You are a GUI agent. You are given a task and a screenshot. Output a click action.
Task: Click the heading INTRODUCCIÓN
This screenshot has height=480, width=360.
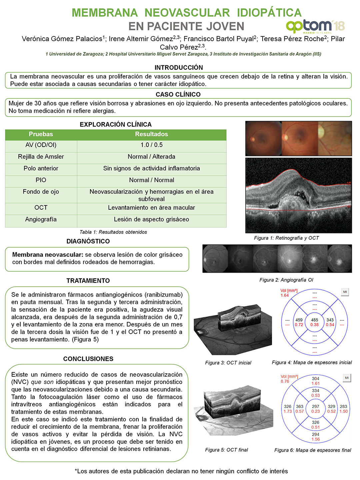179,67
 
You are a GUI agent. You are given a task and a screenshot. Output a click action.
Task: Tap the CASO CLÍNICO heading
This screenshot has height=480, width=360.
178,94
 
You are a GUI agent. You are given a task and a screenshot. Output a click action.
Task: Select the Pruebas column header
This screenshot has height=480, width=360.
41,134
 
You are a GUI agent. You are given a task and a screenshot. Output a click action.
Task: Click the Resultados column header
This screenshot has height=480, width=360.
151,134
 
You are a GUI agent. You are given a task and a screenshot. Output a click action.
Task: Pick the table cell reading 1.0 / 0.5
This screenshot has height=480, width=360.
151,145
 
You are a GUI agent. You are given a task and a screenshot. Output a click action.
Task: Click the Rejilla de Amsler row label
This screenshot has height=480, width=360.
41,157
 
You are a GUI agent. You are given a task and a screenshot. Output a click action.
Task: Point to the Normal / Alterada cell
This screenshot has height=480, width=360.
151,157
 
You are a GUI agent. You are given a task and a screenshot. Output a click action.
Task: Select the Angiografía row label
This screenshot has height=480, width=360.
41,219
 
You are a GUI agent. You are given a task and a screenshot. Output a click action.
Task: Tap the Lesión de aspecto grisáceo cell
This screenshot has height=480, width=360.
151,219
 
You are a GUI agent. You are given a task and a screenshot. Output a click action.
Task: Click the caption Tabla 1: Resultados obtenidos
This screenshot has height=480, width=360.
113,232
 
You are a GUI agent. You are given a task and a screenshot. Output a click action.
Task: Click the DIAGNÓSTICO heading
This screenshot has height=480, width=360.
88,241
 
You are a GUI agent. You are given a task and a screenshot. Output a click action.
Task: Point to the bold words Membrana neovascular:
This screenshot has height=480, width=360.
47,255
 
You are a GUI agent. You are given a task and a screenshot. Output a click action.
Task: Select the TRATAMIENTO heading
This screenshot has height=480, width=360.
88,281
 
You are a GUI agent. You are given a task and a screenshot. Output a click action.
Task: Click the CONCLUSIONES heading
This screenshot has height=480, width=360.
88,359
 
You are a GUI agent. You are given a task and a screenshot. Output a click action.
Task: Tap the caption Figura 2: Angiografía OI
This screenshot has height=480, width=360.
286,280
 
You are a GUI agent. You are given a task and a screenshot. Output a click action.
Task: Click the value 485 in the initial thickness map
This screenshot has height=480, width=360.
314,320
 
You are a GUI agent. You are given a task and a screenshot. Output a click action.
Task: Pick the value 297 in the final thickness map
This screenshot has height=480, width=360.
315,406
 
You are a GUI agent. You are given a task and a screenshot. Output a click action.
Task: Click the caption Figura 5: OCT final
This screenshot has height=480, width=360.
226,450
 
